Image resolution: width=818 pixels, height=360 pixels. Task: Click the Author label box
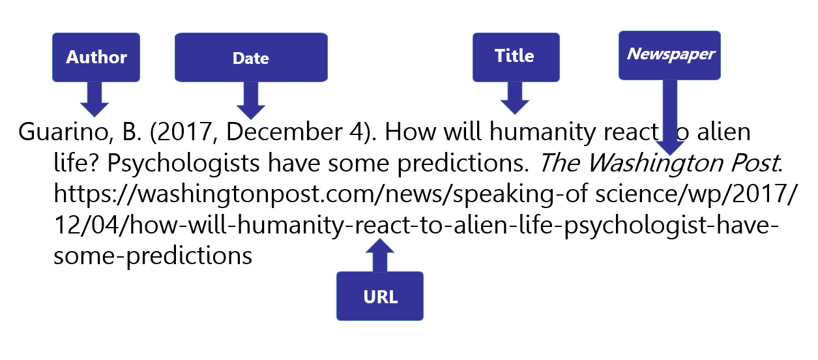[x=96, y=57]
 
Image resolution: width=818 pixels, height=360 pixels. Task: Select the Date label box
[x=251, y=57]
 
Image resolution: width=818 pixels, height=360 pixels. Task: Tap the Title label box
[x=516, y=57]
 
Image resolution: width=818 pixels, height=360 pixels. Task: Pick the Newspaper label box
[x=669, y=55]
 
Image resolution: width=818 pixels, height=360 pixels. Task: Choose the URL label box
[x=380, y=296]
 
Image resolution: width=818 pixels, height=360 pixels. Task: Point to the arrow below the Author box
[x=95, y=99]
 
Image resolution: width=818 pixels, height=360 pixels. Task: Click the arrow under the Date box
[x=251, y=100]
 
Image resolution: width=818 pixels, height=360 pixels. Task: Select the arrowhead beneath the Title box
[x=515, y=107]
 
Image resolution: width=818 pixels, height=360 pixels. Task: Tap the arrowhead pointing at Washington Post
[x=670, y=149]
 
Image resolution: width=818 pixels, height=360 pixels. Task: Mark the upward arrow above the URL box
[x=380, y=255]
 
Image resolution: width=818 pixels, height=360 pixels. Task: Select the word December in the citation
[x=284, y=132]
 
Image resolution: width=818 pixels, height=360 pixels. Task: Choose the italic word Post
[x=756, y=163]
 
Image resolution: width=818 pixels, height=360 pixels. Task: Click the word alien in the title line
[x=723, y=132]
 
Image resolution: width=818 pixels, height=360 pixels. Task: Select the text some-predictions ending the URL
[x=153, y=256]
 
